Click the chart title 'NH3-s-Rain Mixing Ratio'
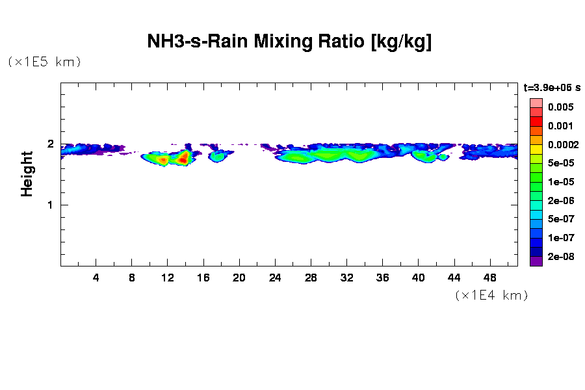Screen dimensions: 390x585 (289, 43)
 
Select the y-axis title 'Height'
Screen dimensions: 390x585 (27, 174)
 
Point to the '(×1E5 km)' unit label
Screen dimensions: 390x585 (44, 62)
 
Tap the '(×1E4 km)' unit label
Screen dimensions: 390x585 (491, 295)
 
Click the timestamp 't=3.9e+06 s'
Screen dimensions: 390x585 (552, 86)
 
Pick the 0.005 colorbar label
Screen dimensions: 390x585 (560, 107)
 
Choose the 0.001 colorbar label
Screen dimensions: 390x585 (560, 125)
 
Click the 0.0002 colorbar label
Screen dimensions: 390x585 (560, 144)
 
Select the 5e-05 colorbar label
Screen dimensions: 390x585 (560, 163)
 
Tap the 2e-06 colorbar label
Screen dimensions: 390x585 (560, 200)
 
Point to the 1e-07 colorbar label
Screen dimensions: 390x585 (560, 237)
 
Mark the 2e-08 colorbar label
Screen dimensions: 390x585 (560, 256)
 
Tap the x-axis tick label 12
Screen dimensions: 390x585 (168, 278)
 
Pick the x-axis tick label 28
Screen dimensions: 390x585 (311, 278)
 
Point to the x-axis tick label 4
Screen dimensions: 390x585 (96, 278)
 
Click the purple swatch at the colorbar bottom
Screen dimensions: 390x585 (536, 261)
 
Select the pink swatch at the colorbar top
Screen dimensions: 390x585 (536, 103)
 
